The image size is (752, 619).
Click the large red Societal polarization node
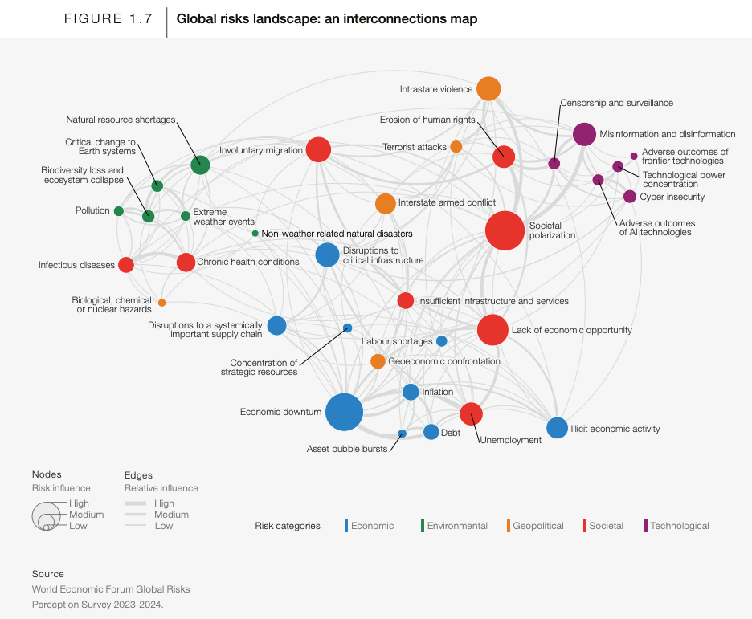[x=505, y=230]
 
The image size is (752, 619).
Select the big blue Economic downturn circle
[x=344, y=413]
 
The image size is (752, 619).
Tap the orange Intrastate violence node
[x=488, y=88]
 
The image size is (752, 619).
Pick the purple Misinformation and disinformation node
[x=585, y=134]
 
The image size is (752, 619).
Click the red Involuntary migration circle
[x=319, y=149]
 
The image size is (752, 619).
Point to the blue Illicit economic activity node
[x=557, y=428]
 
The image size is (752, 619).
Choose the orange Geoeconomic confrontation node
[x=378, y=361]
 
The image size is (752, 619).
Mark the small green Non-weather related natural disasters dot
[x=255, y=234]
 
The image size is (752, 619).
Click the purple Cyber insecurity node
[x=630, y=197]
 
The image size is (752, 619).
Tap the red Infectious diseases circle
[x=125, y=265]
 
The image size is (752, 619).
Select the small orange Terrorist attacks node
[x=456, y=146]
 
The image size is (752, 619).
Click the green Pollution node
[x=119, y=211]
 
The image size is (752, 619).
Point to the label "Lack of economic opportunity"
[x=572, y=330]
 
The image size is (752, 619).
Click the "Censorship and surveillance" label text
[x=616, y=103]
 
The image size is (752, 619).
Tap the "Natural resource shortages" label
[x=121, y=120]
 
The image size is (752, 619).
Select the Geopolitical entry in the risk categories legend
[x=538, y=526]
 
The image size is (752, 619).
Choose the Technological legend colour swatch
[x=646, y=526]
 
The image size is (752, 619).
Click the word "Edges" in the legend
[x=138, y=475]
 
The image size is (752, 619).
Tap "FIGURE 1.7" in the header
[x=108, y=19]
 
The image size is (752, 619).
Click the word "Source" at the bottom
[x=48, y=574]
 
